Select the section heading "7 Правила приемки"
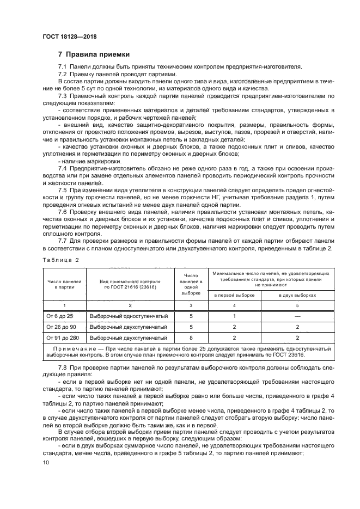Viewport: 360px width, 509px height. tap(94, 54)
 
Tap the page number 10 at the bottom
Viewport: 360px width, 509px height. tap(45, 462)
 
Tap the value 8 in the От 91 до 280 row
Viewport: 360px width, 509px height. tap(191, 338)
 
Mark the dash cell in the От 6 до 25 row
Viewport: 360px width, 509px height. tap(297, 315)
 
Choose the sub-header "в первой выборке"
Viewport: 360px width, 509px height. tap(234, 295)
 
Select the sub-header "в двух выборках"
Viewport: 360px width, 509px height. tap(297, 295)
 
